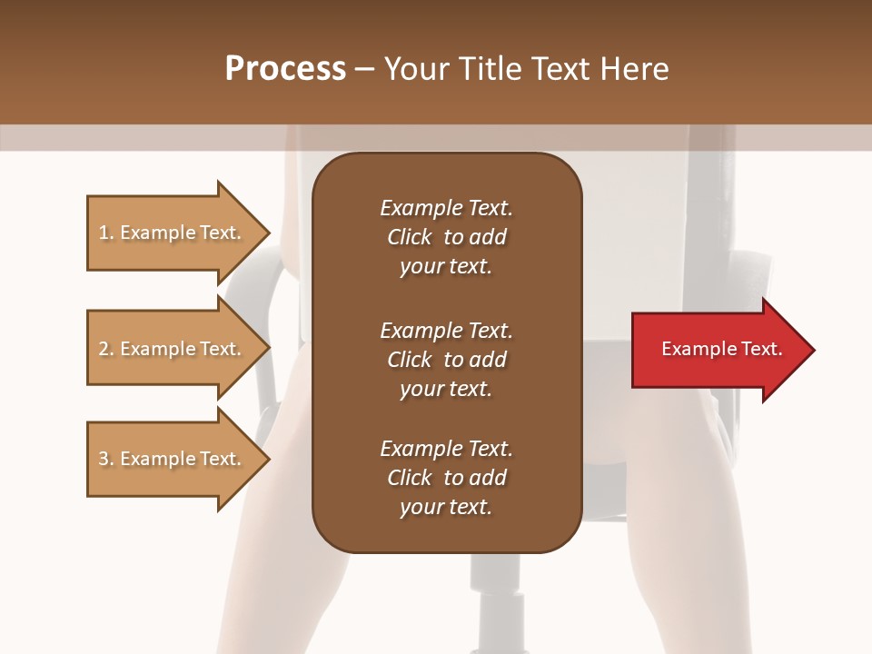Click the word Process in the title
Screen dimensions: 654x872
(x=285, y=69)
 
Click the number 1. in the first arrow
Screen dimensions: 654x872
(x=106, y=233)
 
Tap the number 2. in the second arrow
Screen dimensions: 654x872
(x=106, y=349)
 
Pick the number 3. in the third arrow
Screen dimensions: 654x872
(x=106, y=459)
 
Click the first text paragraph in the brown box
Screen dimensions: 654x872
(x=446, y=237)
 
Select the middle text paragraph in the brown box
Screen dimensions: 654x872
(x=446, y=359)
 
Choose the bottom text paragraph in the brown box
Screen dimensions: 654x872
(x=446, y=478)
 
